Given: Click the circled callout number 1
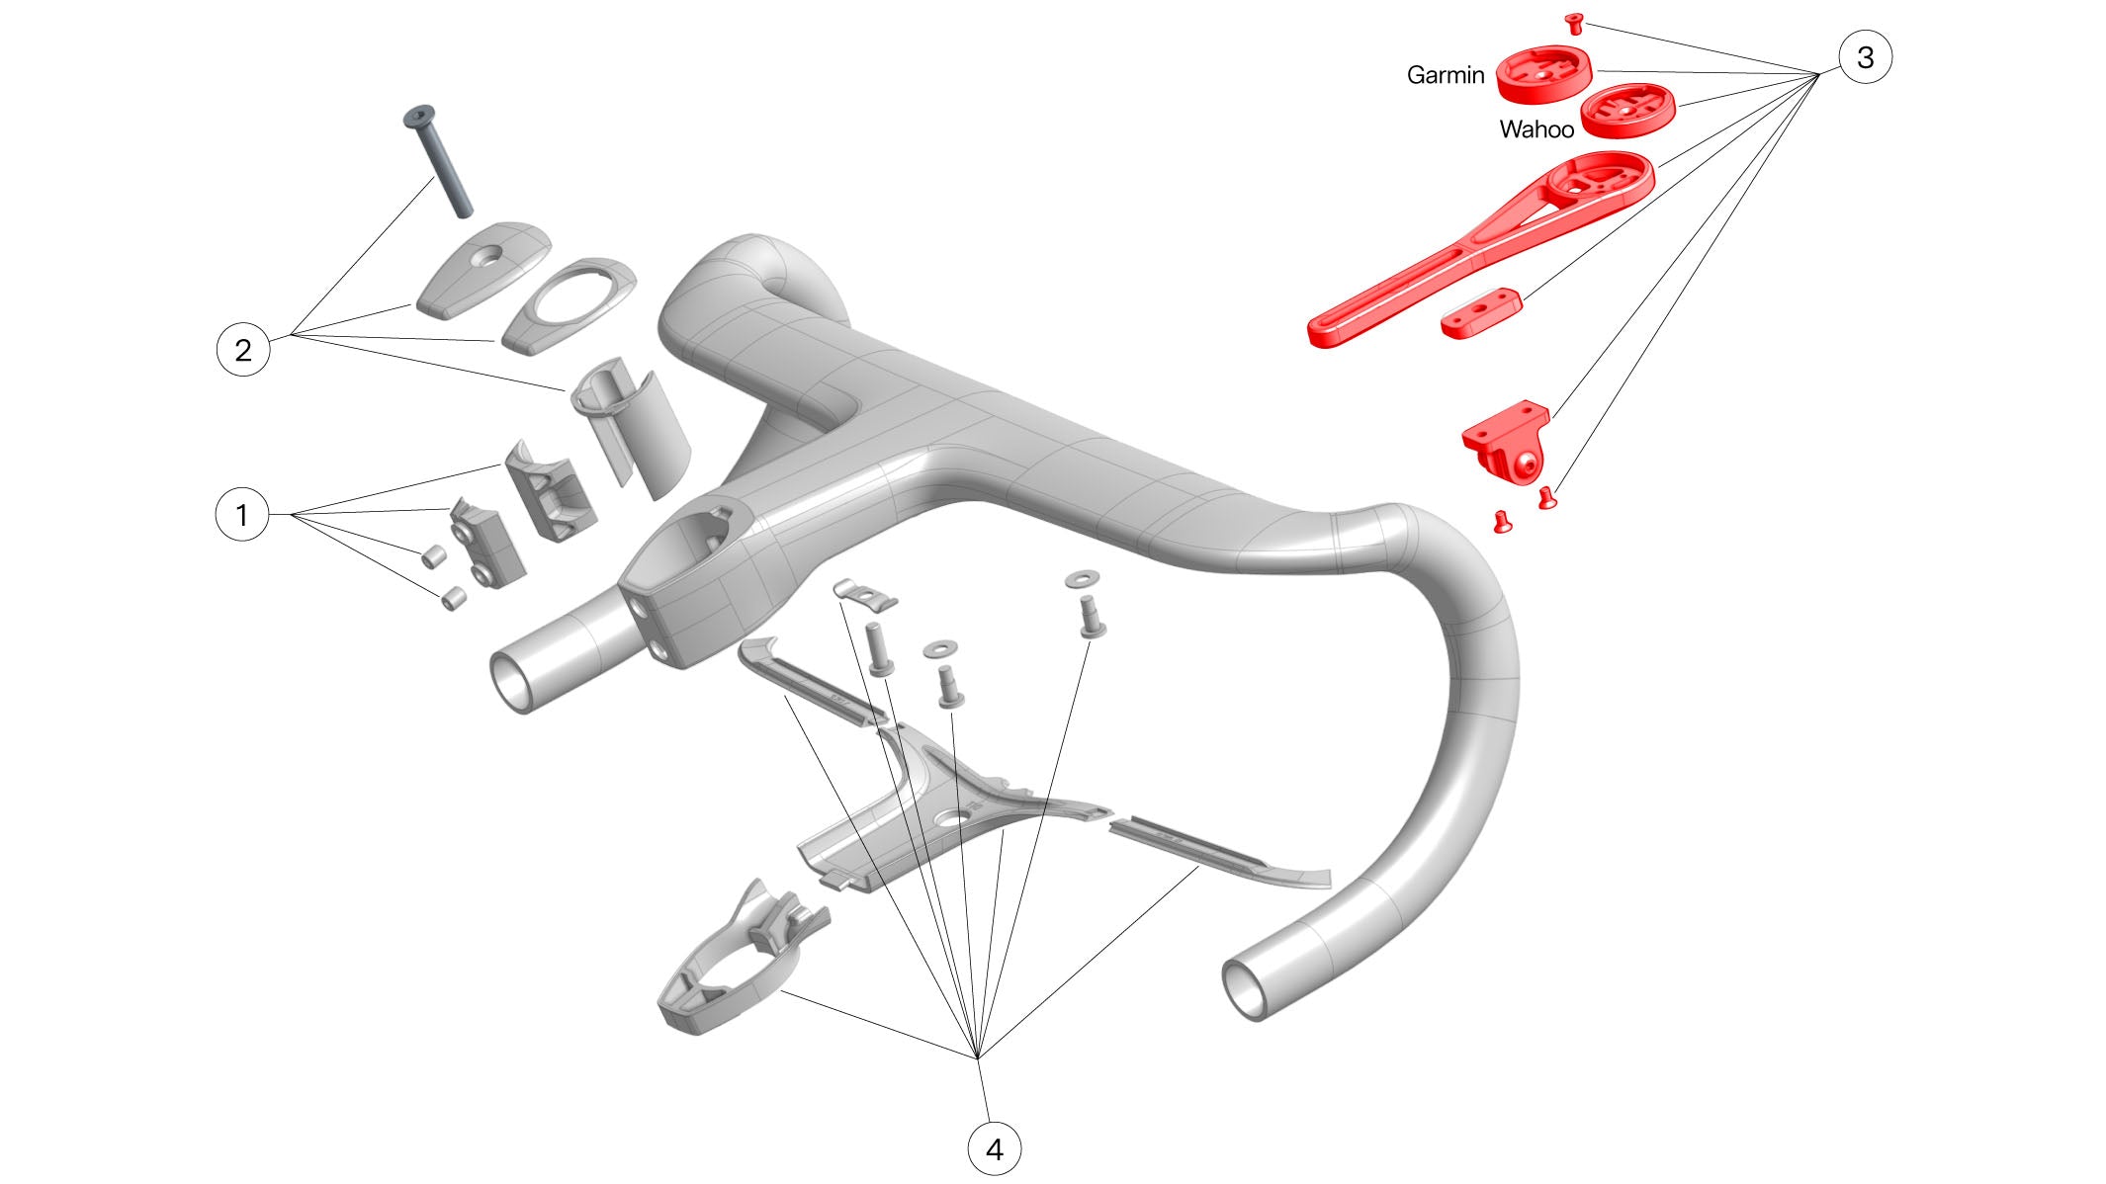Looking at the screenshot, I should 242,515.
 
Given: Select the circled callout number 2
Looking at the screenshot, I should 242,350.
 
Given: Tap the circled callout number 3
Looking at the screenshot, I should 1865,57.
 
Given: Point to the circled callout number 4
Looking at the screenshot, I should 994,1149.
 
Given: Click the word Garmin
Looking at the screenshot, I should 1446,75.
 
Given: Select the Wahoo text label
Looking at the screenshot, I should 1536,129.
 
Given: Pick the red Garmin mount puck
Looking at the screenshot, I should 1543,74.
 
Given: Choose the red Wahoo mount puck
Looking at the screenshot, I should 1627,110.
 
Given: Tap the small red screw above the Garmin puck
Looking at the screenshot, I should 1575,23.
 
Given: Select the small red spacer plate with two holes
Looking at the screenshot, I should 1480,313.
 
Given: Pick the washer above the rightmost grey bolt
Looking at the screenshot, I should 1084,577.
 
